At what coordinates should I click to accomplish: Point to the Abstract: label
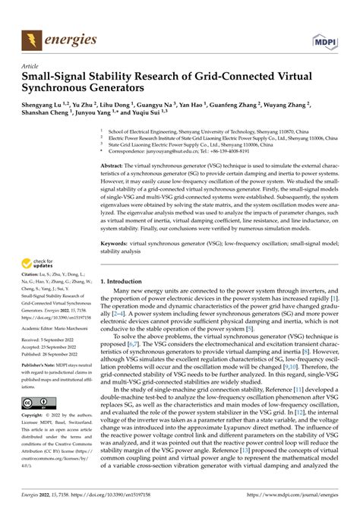(114, 165)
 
